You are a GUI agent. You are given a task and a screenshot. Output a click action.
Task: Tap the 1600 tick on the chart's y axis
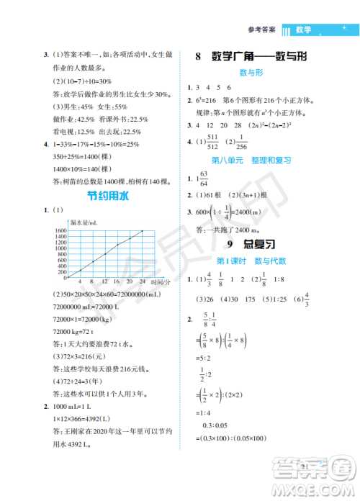click(x=58, y=231)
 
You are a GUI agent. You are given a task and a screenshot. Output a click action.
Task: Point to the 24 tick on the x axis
click(x=143, y=281)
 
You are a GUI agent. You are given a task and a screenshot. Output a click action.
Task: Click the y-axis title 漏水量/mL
click(x=81, y=223)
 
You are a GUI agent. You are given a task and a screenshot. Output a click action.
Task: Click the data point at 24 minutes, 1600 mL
click(x=143, y=231)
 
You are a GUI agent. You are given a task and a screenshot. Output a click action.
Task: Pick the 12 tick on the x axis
click(x=104, y=281)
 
